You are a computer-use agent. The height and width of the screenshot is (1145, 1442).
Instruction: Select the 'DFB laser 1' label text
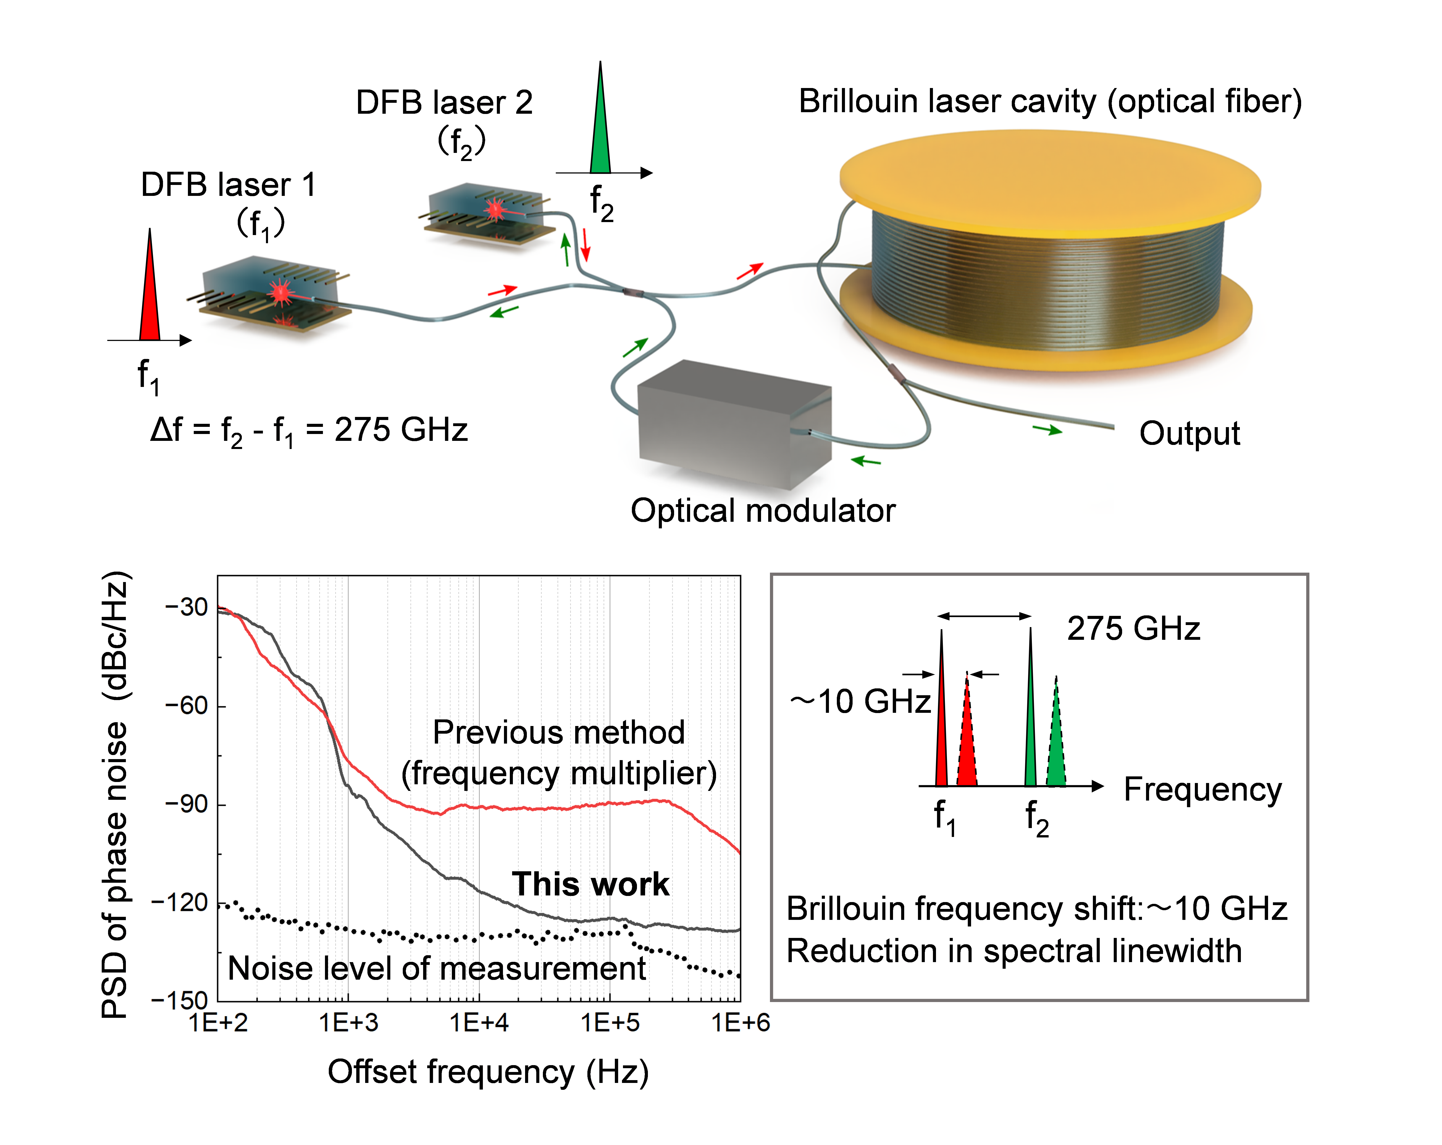227,185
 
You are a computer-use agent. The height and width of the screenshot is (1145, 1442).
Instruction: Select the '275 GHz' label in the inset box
1133,628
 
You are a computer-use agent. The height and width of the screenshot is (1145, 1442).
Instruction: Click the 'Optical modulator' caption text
763,511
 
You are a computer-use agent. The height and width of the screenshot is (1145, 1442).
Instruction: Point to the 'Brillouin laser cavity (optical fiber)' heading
1050,102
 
